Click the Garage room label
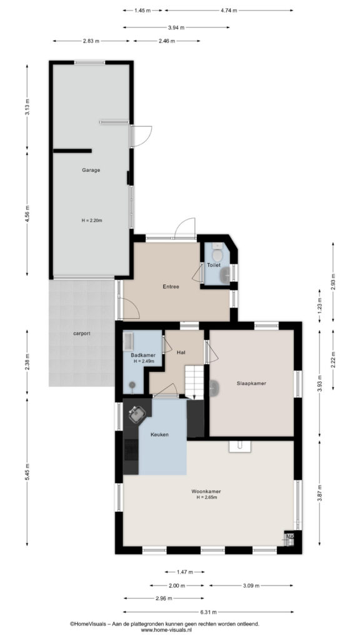pos(91,170)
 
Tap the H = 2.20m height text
pos(91,221)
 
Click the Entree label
pos(171,286)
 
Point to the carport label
pos(82,334)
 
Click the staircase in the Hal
pos(194,382)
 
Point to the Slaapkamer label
pos(251,383)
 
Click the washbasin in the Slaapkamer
pos(214,388)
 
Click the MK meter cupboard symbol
pos(289,539)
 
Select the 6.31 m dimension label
pos(208,611)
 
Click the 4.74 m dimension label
pos(229,11)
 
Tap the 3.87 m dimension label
pos(319,492)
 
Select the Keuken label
pos(159,435)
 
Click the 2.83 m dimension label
pos(91,41)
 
